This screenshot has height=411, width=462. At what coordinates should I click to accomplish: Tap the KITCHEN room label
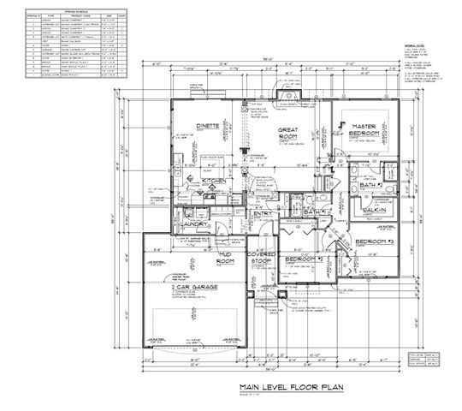coord(214,182)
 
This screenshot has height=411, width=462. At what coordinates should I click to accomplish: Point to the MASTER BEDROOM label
coord(367,130)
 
